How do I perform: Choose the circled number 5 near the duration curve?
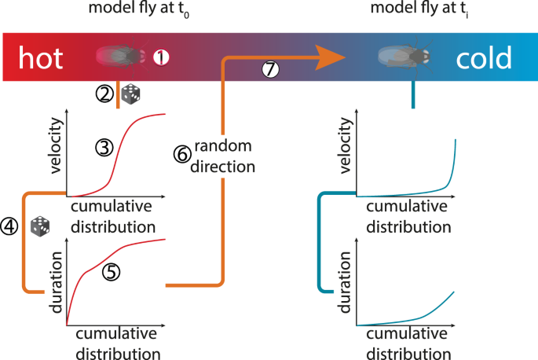112,272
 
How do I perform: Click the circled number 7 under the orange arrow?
270,70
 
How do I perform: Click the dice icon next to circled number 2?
130,96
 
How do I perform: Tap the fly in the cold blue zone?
404,55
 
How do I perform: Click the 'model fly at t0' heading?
128,10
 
